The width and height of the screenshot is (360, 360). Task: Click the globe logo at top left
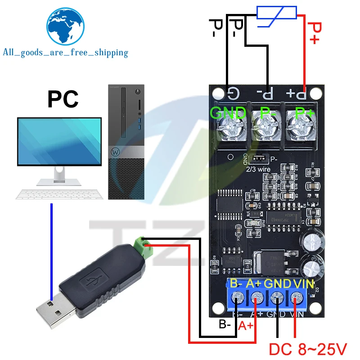point(66,26)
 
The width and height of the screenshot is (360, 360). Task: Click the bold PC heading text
point(63,99)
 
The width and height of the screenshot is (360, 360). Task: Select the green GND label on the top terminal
point(228,112)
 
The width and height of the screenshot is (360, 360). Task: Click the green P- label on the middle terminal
point(267,112)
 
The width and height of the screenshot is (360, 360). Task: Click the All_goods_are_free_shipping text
point(66,53)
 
